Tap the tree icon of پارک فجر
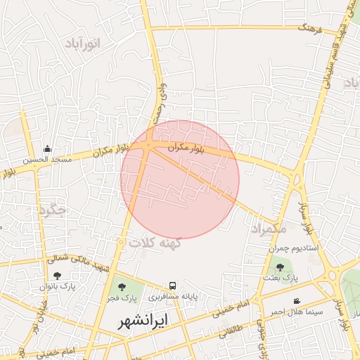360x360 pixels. point(122,287)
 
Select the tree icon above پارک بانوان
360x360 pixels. point(57,275)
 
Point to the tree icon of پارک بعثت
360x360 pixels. point(281,267)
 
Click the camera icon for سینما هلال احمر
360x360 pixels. point(297,301)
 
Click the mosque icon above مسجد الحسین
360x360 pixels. point(47,148)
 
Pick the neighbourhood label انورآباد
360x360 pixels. point(83,44)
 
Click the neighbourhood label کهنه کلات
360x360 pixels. point(155,242)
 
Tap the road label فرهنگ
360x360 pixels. point(309,28)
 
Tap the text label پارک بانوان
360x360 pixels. point(57,286)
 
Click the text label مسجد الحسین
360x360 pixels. point(47,160)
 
